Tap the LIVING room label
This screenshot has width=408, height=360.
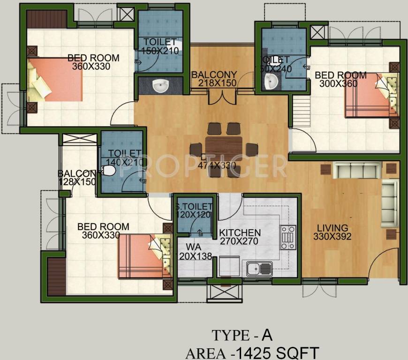[332, 228]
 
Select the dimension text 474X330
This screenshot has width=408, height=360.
[216, 165]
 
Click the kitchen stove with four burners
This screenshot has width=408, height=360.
[288, 237]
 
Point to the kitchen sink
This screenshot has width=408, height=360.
[259, 269]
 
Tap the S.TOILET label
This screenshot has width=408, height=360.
[194, 207]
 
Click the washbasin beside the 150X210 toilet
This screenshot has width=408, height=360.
[161, 86]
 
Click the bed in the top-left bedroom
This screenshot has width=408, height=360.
[55, 80]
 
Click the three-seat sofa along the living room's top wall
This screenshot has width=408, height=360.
[357, 169]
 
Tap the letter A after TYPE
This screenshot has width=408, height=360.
[267, 335]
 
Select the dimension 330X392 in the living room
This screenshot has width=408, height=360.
[332, 237]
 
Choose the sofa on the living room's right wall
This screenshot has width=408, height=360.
[389, 202]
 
